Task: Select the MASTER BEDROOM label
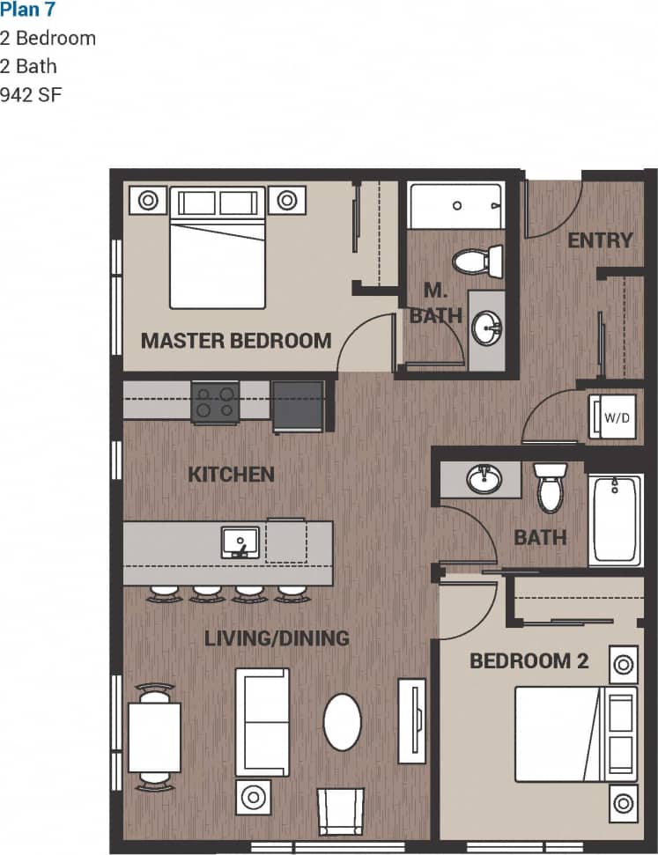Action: click(x=236, y=340)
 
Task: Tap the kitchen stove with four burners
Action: click(x=216, y=402)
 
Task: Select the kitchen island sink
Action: click(x=240, y=542)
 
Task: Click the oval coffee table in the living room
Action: click(x=342, y=722)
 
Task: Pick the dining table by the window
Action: click(x=154, y=737)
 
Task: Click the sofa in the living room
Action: click(x=262, y=721)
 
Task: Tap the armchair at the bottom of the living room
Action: click(x=340, y=810)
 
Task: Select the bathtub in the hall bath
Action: click(x=616, y=520)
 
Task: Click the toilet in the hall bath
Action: click(x=551, y=489)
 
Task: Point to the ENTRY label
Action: click(x=600, y=240)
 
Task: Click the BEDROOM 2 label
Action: click(x=529, y=660)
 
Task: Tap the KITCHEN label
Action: click(x=231, y=474)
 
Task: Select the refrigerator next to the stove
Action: click(x=298, y=406)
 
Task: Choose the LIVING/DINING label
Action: click(x=277, y=638)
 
